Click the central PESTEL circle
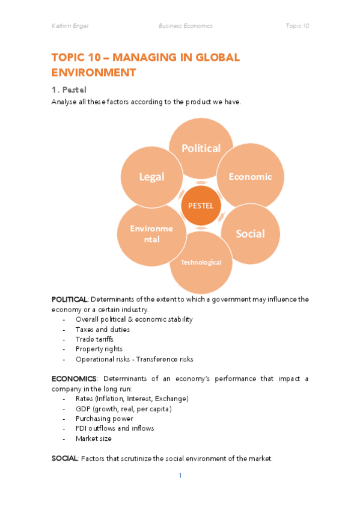coord(201,205)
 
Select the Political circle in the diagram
coord(201,148)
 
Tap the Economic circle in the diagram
coord(250,176)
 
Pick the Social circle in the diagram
coord(250,233)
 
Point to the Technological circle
coord(201,262)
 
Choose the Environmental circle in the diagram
coord(151,233)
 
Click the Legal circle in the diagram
coord(151,176)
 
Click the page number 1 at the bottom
coord(180,476)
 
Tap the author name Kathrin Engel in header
coord(71,26)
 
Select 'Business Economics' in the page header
coord(185,26)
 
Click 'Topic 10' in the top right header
coord(297,26)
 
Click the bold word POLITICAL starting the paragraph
coord(70,300)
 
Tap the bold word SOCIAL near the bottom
coord(64,458)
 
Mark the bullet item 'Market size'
coord(93,438)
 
